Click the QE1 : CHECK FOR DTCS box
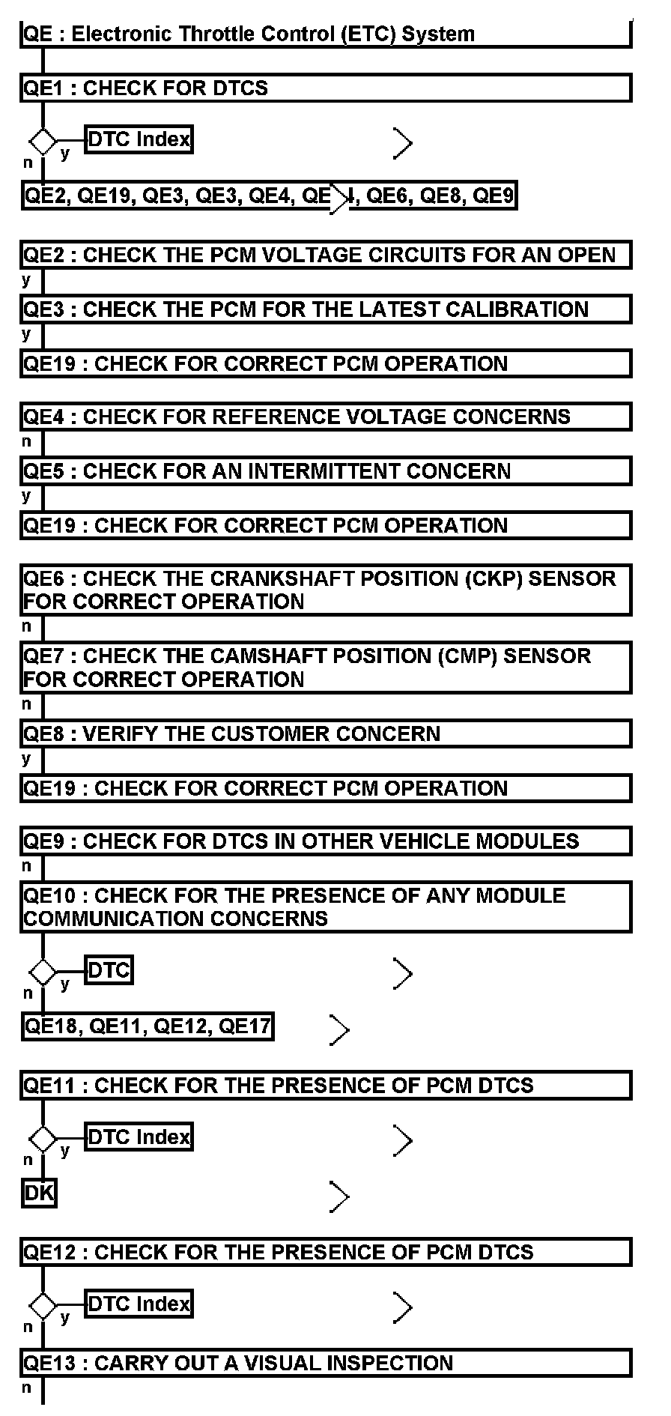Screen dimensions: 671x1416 tap(326, 88)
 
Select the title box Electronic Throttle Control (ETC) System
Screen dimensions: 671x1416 tap(326, 34)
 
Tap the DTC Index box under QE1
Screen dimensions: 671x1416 tap(139, 139)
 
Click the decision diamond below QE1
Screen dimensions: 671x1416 tap(43, 140)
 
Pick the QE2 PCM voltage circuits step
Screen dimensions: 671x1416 tap(326, 255)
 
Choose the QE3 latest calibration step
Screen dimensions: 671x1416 tap(326, 309)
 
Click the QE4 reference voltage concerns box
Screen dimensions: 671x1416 tap(326, 417)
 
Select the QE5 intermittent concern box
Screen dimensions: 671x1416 tap(326, 471)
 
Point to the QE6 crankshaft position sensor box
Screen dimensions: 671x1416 tap(326, 590)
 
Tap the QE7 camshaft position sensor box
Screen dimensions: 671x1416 tap(326, 668)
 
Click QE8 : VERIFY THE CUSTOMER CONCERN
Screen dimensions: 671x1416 tap(326, 733)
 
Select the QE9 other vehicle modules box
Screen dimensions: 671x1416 tap(326, 841)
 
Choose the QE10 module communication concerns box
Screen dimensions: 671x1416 tap(326, 907)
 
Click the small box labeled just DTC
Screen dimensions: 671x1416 tap(109, 971)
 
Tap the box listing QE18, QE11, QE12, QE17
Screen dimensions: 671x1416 tap(148, 1026)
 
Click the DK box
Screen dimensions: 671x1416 tap(39, 1193)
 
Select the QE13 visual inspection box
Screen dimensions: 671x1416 tap(326, 1363)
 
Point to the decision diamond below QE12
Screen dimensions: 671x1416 tap(43, 1306)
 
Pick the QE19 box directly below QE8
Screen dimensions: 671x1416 tap(326, 788)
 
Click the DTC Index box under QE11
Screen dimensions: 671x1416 tap(139, 1137)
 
